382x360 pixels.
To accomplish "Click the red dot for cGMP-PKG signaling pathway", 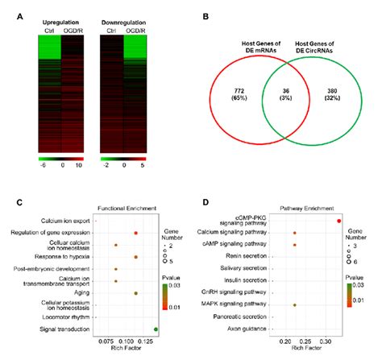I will click(x=338, y=220).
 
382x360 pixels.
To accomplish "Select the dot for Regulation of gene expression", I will click(x=135, y=233).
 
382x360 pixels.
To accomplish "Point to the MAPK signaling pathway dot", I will click(x=295, y=305).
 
